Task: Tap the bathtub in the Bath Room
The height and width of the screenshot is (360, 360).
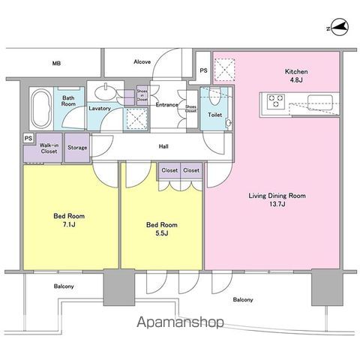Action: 40,108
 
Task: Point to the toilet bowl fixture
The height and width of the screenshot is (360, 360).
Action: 214,97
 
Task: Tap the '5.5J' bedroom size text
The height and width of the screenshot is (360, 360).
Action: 162,232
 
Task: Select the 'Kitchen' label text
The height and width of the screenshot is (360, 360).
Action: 296,71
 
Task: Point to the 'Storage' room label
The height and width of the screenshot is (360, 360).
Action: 77,148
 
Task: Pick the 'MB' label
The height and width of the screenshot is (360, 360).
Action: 56,64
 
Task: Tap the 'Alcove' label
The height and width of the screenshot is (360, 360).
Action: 142,61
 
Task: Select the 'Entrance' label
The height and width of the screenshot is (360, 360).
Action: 166,105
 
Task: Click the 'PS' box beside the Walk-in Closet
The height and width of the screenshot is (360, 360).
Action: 28,139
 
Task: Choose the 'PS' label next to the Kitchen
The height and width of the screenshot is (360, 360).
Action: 203,71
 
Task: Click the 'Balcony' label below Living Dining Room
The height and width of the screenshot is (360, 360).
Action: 242,300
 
